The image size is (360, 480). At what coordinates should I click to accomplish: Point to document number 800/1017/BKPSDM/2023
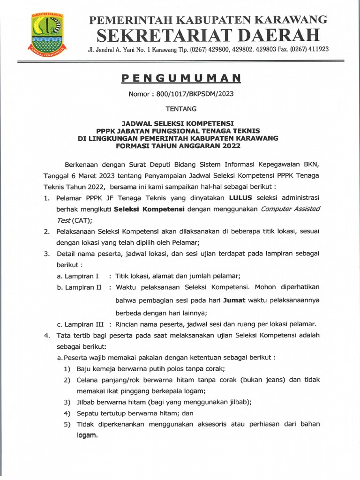[x=181, y=93]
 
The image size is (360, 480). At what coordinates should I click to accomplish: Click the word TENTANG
[x=181, y=109]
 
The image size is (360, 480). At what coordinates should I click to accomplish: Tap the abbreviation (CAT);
[x=82, y=220]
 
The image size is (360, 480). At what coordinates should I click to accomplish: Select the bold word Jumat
[x=234, y=300]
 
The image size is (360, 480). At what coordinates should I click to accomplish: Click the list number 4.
[x=46, y=335]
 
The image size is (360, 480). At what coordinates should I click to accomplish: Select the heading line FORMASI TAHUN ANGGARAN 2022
[x=178, y=146]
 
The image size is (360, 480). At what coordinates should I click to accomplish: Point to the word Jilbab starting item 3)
[x=86, y=402]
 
